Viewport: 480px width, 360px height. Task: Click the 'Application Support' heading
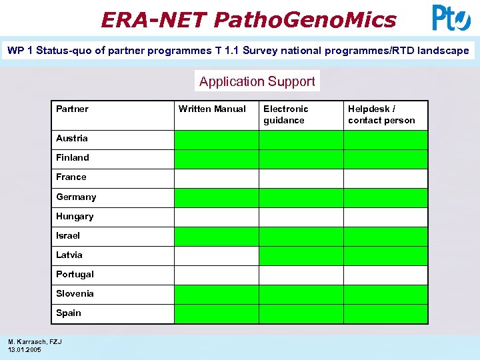click(x=257, y=81)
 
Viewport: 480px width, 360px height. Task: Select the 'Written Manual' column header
click(x=212, y=109)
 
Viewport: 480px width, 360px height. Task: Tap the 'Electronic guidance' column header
click(x=286, y=115)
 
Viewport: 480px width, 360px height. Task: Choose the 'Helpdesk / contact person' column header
click(x=381, y=115)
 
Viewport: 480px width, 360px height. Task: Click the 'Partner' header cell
click(x=72, y=109)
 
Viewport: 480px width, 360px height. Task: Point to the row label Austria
click(x=72, y=138)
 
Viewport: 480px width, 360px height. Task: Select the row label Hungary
click(x=75, y=216)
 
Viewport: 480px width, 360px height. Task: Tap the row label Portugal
click(x=75, y=274)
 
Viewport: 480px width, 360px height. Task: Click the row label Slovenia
click(x=75, y=293)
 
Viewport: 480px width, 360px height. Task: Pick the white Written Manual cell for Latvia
click(x=216, y=256)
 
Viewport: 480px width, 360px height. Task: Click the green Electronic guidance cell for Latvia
click(x=301, y=256)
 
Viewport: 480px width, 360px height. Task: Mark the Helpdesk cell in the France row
click(x=385, y=178)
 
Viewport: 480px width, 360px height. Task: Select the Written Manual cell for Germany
click(x=216, y=197)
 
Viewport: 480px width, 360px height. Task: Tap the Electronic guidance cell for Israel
click(x=301, y=237)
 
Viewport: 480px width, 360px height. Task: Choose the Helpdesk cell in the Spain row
click(x=385, y=314)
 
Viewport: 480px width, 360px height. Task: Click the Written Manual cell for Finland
click(x=216, y=159)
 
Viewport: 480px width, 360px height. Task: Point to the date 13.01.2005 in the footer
click(x=24, y=349)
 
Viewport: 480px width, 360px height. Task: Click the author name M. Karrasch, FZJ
click(x=35, y=342)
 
